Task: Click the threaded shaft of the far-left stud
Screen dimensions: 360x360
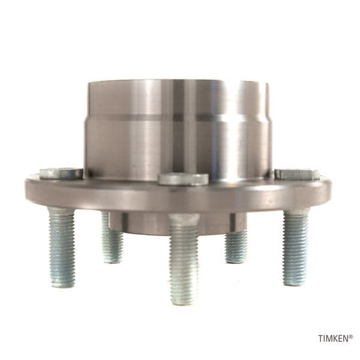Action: (62, 247)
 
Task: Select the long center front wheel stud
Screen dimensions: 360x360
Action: (184, 258)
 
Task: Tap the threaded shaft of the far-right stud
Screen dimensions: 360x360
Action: (295, 247)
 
